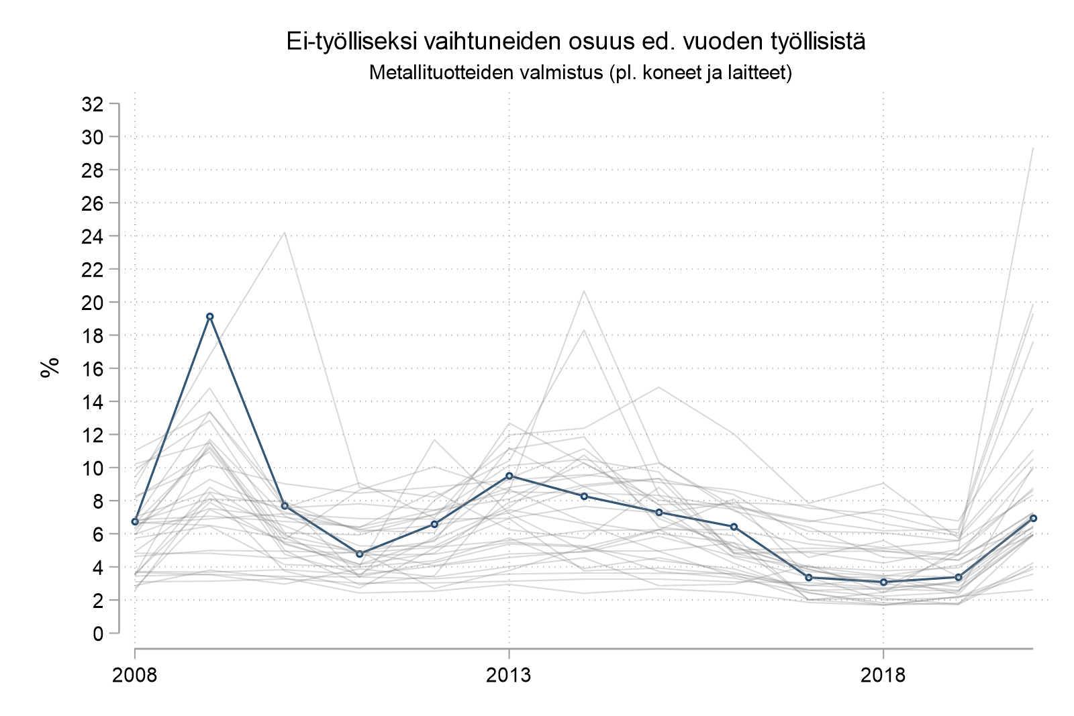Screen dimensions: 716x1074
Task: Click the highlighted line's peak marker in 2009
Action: pos(210,316)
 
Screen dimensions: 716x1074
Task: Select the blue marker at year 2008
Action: pos(135,521)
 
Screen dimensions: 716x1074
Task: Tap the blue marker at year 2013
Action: pos(509,476)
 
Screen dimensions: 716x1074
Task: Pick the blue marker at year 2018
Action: pos(883,582)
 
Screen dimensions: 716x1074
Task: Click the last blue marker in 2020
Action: pos(1033,518)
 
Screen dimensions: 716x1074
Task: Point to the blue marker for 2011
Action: pos(360,554)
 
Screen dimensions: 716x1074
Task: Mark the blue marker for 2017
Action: pos(809,577)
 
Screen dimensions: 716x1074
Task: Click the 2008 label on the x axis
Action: pos(135,674)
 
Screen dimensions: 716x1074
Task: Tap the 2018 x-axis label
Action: pos(883,674)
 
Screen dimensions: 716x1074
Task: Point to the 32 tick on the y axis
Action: pos(92,104)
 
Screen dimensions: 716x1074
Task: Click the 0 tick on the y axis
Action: pos(98,633)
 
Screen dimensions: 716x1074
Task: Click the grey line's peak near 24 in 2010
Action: pos(285,232)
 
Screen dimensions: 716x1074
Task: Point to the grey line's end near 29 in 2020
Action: pos(1033,148)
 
